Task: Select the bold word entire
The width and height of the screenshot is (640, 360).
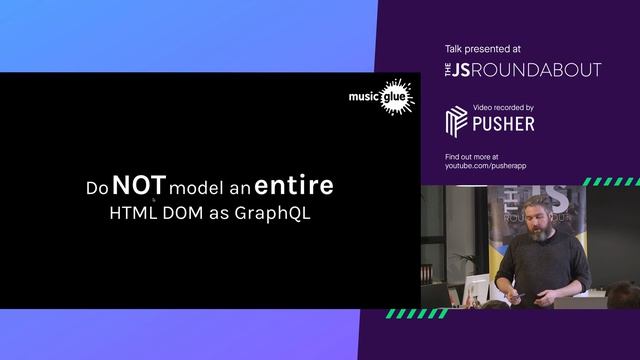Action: point(294,186)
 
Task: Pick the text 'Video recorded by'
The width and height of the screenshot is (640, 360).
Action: point(503,108)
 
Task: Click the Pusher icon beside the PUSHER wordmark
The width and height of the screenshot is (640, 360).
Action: point(457,122)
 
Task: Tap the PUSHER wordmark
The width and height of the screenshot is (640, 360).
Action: point(504,124)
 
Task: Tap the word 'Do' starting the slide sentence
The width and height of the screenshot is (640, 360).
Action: point(96,188)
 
